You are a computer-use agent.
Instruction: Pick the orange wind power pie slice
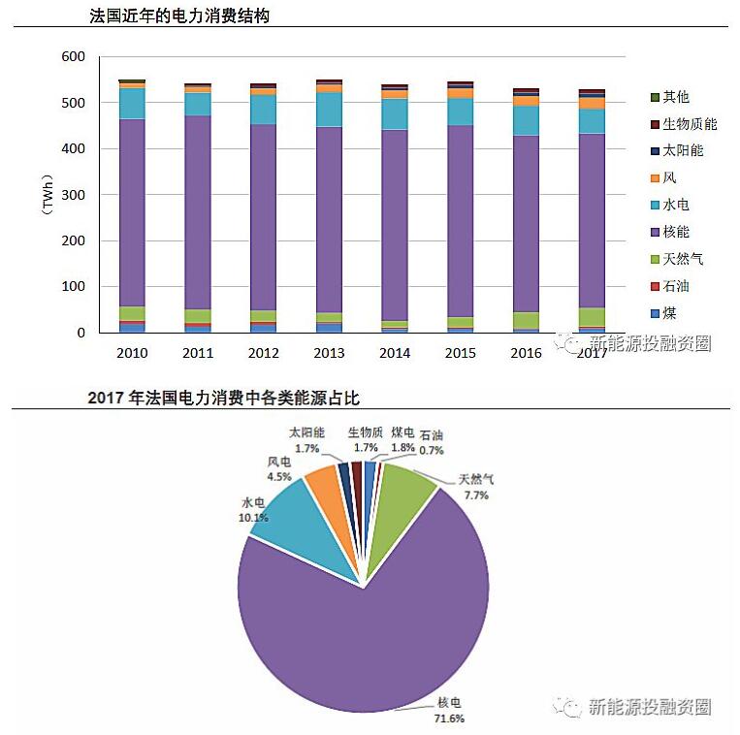click(324, 484)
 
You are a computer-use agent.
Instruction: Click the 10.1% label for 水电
click(253, 518)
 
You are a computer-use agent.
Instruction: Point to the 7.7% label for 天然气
click(476, 495)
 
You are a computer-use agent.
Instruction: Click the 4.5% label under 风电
click(279, 476)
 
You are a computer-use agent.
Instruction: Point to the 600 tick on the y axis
click(73, 57)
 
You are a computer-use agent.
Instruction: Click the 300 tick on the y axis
click(73, 195)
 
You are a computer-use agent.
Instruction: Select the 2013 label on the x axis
click(329, 353)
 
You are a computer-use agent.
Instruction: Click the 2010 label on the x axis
click(132, 353)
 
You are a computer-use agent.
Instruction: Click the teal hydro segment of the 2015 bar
click(461, 112)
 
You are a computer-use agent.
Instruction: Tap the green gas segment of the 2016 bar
click(527, 320)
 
